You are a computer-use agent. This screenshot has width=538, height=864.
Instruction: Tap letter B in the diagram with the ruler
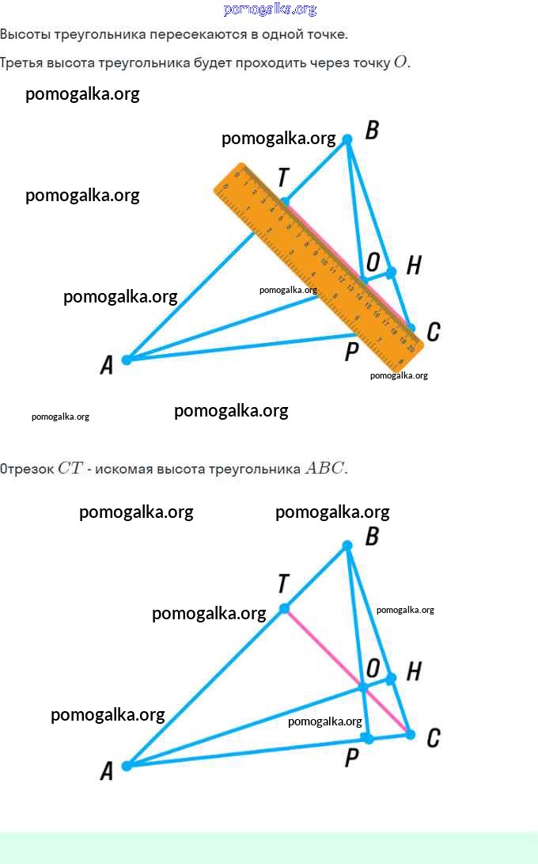coord(372,131)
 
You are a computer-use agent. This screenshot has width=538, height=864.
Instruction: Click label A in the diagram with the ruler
coord(107,365)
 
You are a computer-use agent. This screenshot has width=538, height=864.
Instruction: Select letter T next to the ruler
coord(283,178)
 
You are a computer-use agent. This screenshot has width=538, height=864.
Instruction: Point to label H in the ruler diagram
coord(413,266)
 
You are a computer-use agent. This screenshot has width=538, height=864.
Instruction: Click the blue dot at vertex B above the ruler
coord(347,139)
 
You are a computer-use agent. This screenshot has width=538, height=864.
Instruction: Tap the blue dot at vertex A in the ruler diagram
coord(127,359)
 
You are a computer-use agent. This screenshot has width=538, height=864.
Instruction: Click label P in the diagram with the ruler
coord(352,351)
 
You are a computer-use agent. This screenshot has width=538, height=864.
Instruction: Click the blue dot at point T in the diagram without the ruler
coord(284,609)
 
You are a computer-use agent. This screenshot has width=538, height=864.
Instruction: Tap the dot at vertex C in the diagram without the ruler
coord(410,734)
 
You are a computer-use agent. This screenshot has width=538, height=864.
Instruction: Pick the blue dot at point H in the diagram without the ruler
coord(391,678)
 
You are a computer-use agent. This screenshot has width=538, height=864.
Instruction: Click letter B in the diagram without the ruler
coord(372,537)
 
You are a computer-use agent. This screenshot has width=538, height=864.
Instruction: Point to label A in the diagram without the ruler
coord(107,771)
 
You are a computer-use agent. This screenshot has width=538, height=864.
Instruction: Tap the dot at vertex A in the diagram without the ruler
coord(127,765)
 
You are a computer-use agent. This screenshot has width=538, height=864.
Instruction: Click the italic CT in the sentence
coord(70,468)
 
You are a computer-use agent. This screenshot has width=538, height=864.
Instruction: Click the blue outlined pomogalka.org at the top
coord(270,10)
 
